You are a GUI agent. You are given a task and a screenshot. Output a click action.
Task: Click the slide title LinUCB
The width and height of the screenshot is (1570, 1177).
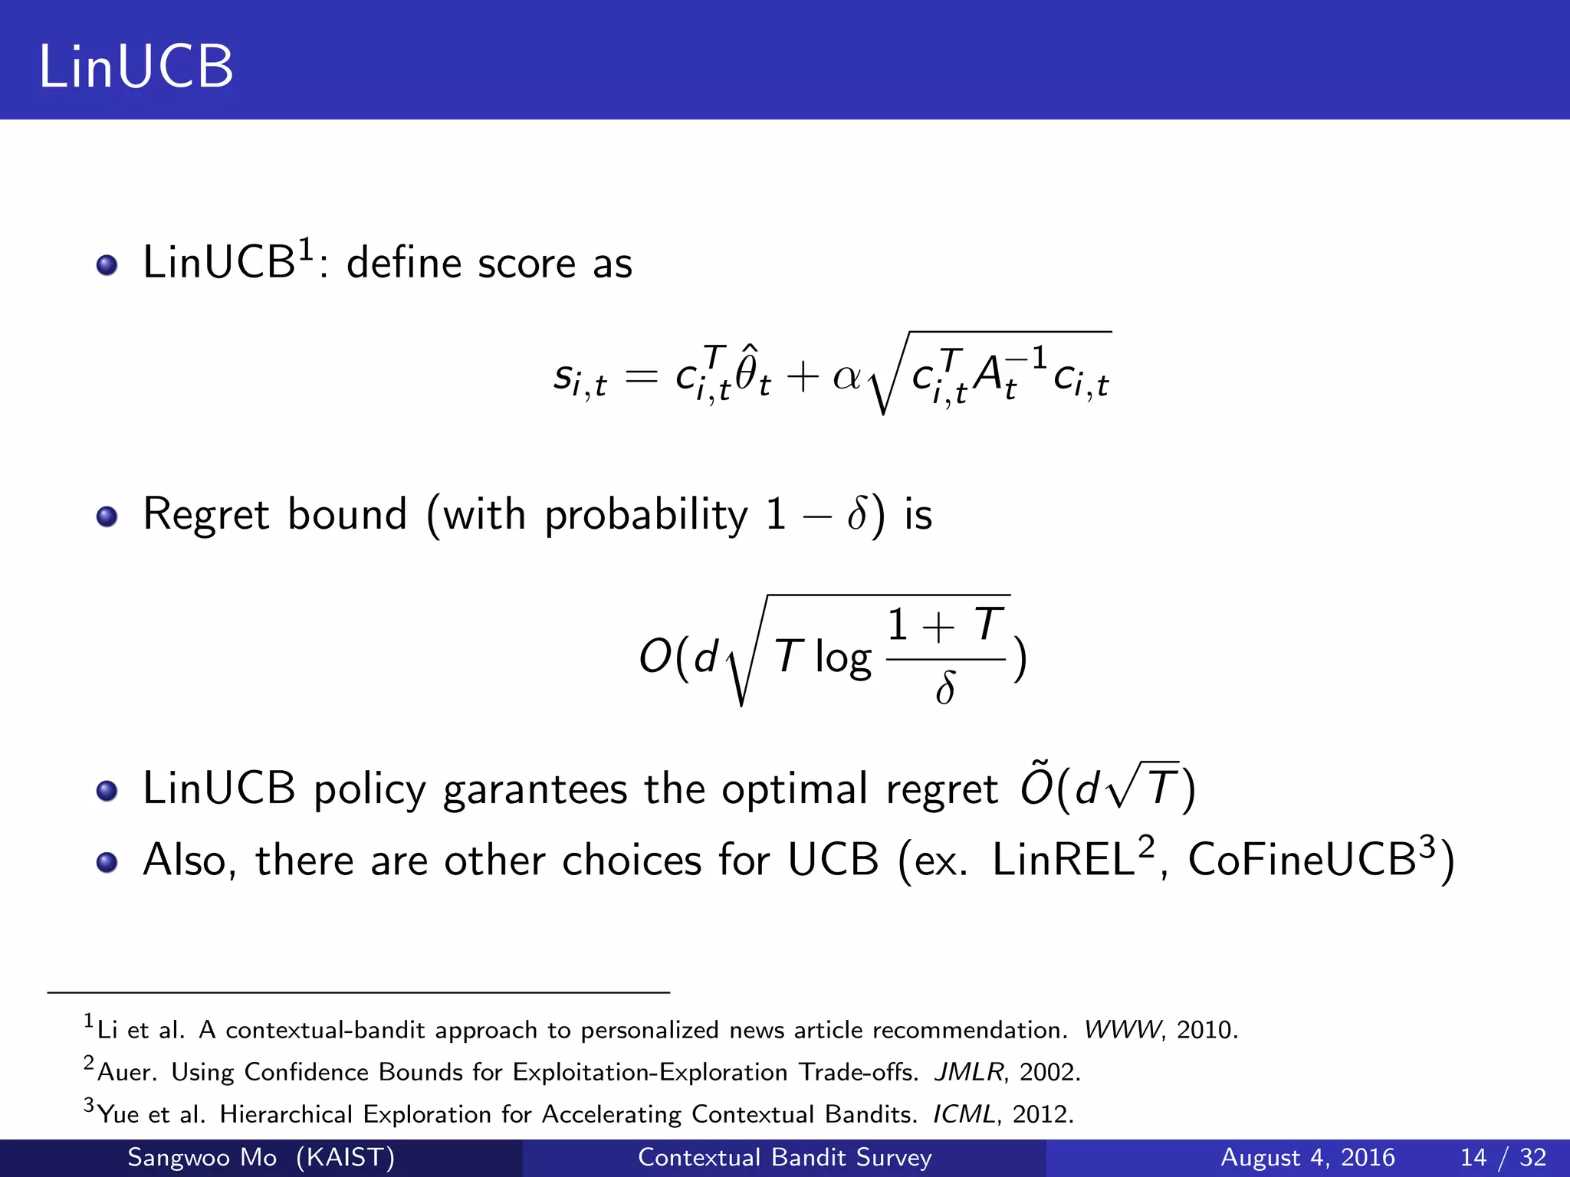[x=136, y=67]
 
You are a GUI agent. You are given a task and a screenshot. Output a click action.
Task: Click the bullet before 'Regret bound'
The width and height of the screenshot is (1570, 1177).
[x=107, y=516]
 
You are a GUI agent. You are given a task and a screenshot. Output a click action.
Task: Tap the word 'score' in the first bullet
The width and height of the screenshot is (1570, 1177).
[x=527, y=264]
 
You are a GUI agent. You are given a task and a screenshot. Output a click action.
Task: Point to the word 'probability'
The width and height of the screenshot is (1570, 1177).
[x=645, y=515]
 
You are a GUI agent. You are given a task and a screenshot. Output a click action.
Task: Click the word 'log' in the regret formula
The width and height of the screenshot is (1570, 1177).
[x=842, y=657]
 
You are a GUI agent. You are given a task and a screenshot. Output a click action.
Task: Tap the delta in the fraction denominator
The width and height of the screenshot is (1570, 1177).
[x=945, y=688]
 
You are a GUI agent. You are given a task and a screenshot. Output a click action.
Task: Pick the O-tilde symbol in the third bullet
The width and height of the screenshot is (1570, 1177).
[x=1036, y=786]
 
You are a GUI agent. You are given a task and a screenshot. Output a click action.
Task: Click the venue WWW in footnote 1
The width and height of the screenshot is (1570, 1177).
[x=1122, y=1030]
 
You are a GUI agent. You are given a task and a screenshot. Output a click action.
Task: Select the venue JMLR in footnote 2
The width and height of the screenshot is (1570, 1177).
[x=968, y=1072]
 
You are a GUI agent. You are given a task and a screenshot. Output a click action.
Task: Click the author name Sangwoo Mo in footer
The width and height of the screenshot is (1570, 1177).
[x=202, y=1157]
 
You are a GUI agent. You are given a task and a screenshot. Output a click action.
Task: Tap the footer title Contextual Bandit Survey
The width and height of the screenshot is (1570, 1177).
[x=784, y=1157]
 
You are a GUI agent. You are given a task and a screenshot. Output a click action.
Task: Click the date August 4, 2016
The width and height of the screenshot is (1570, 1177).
[x=1307, y=1157]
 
